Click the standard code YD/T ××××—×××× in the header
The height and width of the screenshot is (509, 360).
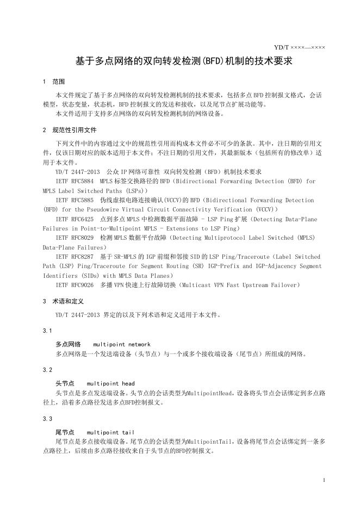[300, 47]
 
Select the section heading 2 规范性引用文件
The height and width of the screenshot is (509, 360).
[69, 131]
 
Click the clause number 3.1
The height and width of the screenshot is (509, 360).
[47, 331]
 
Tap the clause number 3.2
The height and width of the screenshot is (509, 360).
[47, 370]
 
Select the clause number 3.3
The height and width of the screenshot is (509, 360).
[47, 419]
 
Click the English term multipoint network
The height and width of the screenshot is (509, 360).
[122, 344]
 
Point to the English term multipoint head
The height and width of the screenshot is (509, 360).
[110, 383]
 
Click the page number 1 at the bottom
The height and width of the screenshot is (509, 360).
[324, 480]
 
